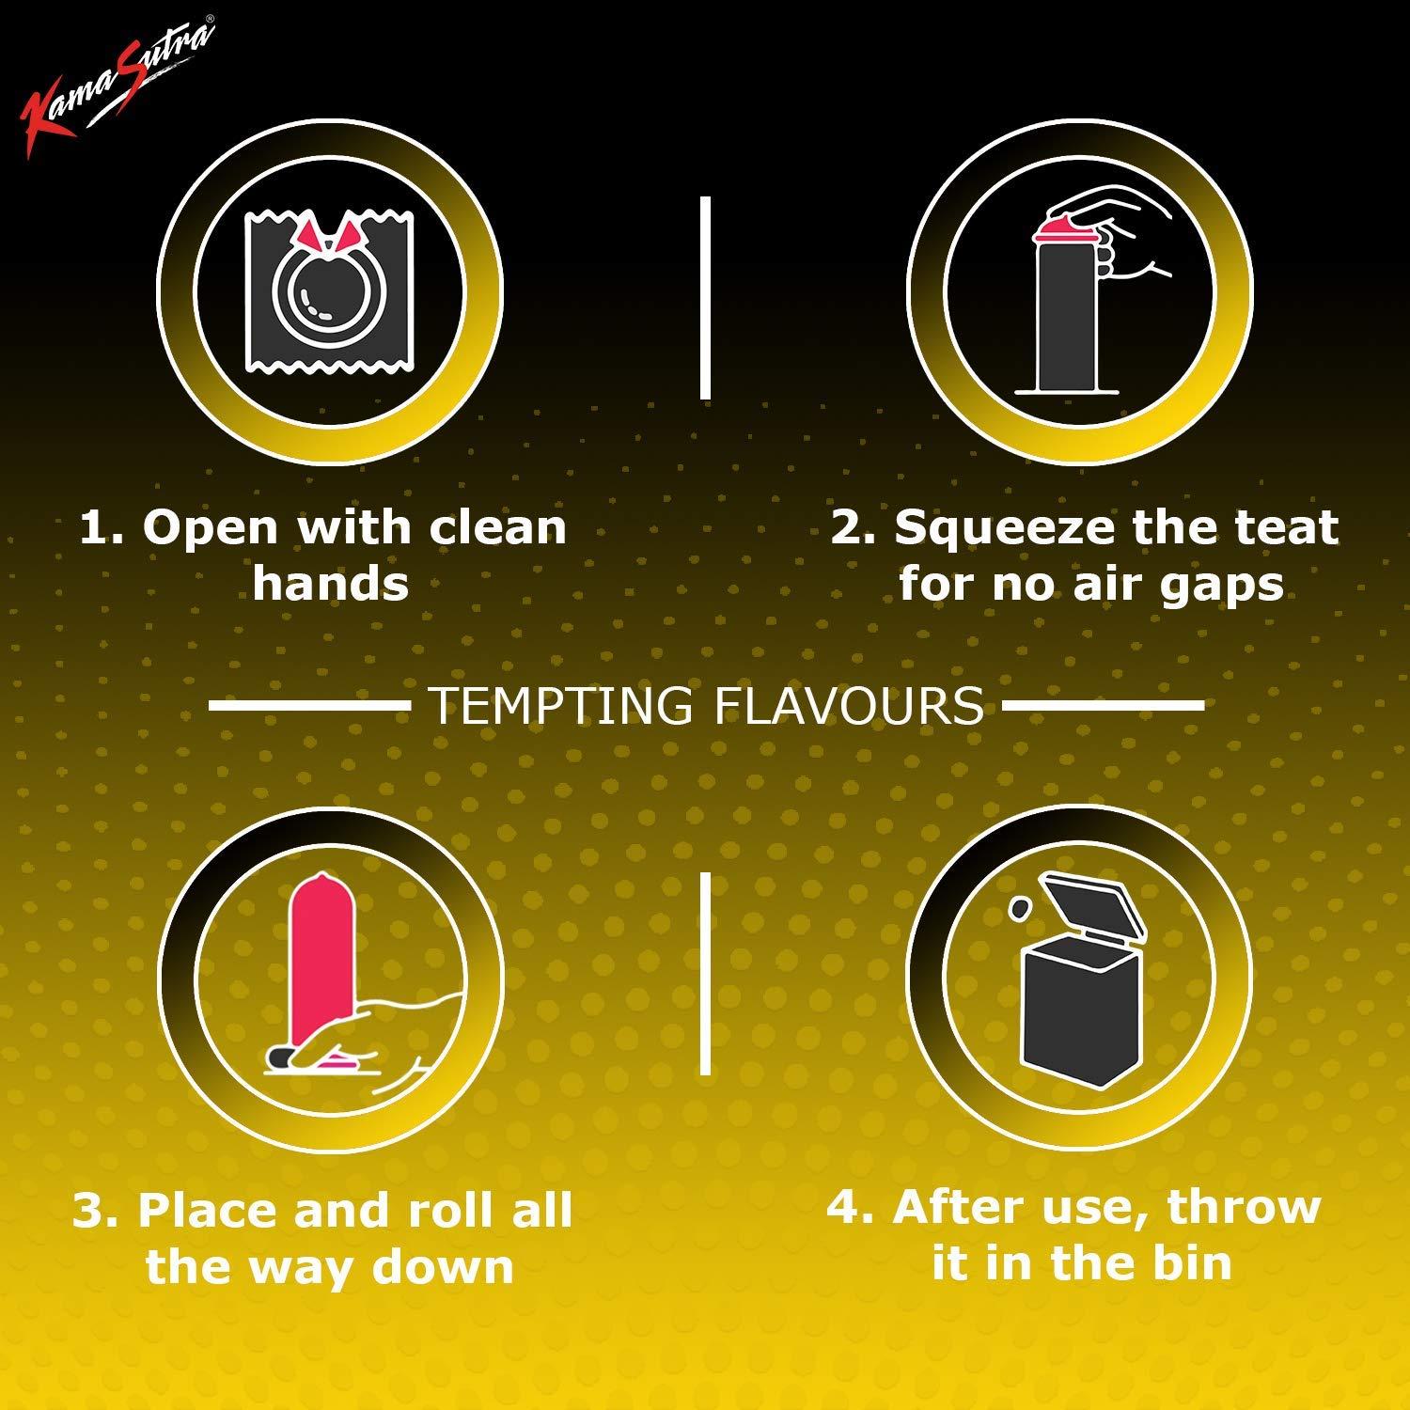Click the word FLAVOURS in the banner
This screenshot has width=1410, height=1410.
coord(849,705)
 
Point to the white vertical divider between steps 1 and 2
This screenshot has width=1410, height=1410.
coord(705,298)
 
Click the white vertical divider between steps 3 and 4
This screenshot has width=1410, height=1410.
coord(705,974)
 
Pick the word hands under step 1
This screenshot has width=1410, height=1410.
coord(330,584)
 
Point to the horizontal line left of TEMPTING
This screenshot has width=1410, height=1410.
coord(309,705)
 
